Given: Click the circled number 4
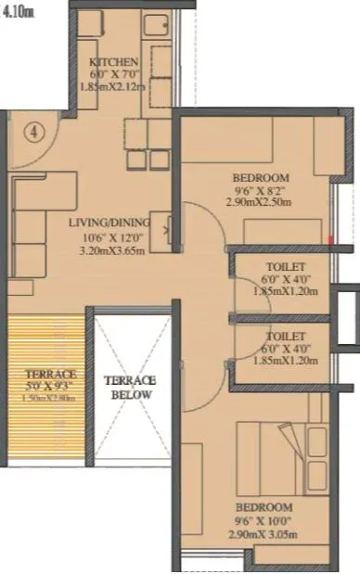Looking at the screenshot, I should pyautogui.click(x=34, y=131).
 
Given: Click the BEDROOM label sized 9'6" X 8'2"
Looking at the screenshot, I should pyautogui.click(x=263, y=178).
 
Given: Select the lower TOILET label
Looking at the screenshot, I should pyautogui.click(x=280, y=337).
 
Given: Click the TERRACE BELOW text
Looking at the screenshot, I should pyautogui.click(x=130, y=387).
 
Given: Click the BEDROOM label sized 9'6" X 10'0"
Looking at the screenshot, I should pyautogui.click(x=263, y=508).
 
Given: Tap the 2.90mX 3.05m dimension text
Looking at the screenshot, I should pyautogui.click(x=263, y=535).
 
